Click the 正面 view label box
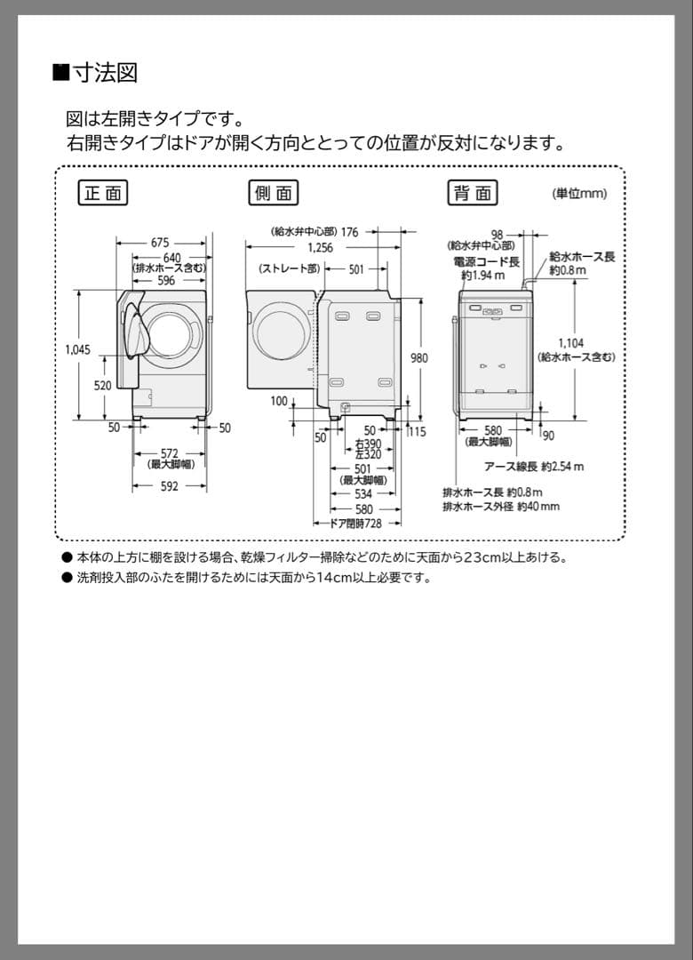(x=103, y=193)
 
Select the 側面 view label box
(x=272, y=193)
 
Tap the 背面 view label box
(x=472, y=193)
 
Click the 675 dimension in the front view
(x=160, y=242)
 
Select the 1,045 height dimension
(x=77, y=349)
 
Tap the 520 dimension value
(x=102, y=386)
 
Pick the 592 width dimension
(x=170, y=486)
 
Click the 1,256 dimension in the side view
(x=320, y=248)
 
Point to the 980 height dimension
(x=418, y=358)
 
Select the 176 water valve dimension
(x=349, y=232)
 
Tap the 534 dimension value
(x=363, y=494)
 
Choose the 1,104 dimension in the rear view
(x=571, y=343)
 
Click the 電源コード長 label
(x=486, y=261)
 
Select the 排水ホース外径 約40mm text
(x=501, y=506)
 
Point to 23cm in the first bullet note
(x=482, y=557)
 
